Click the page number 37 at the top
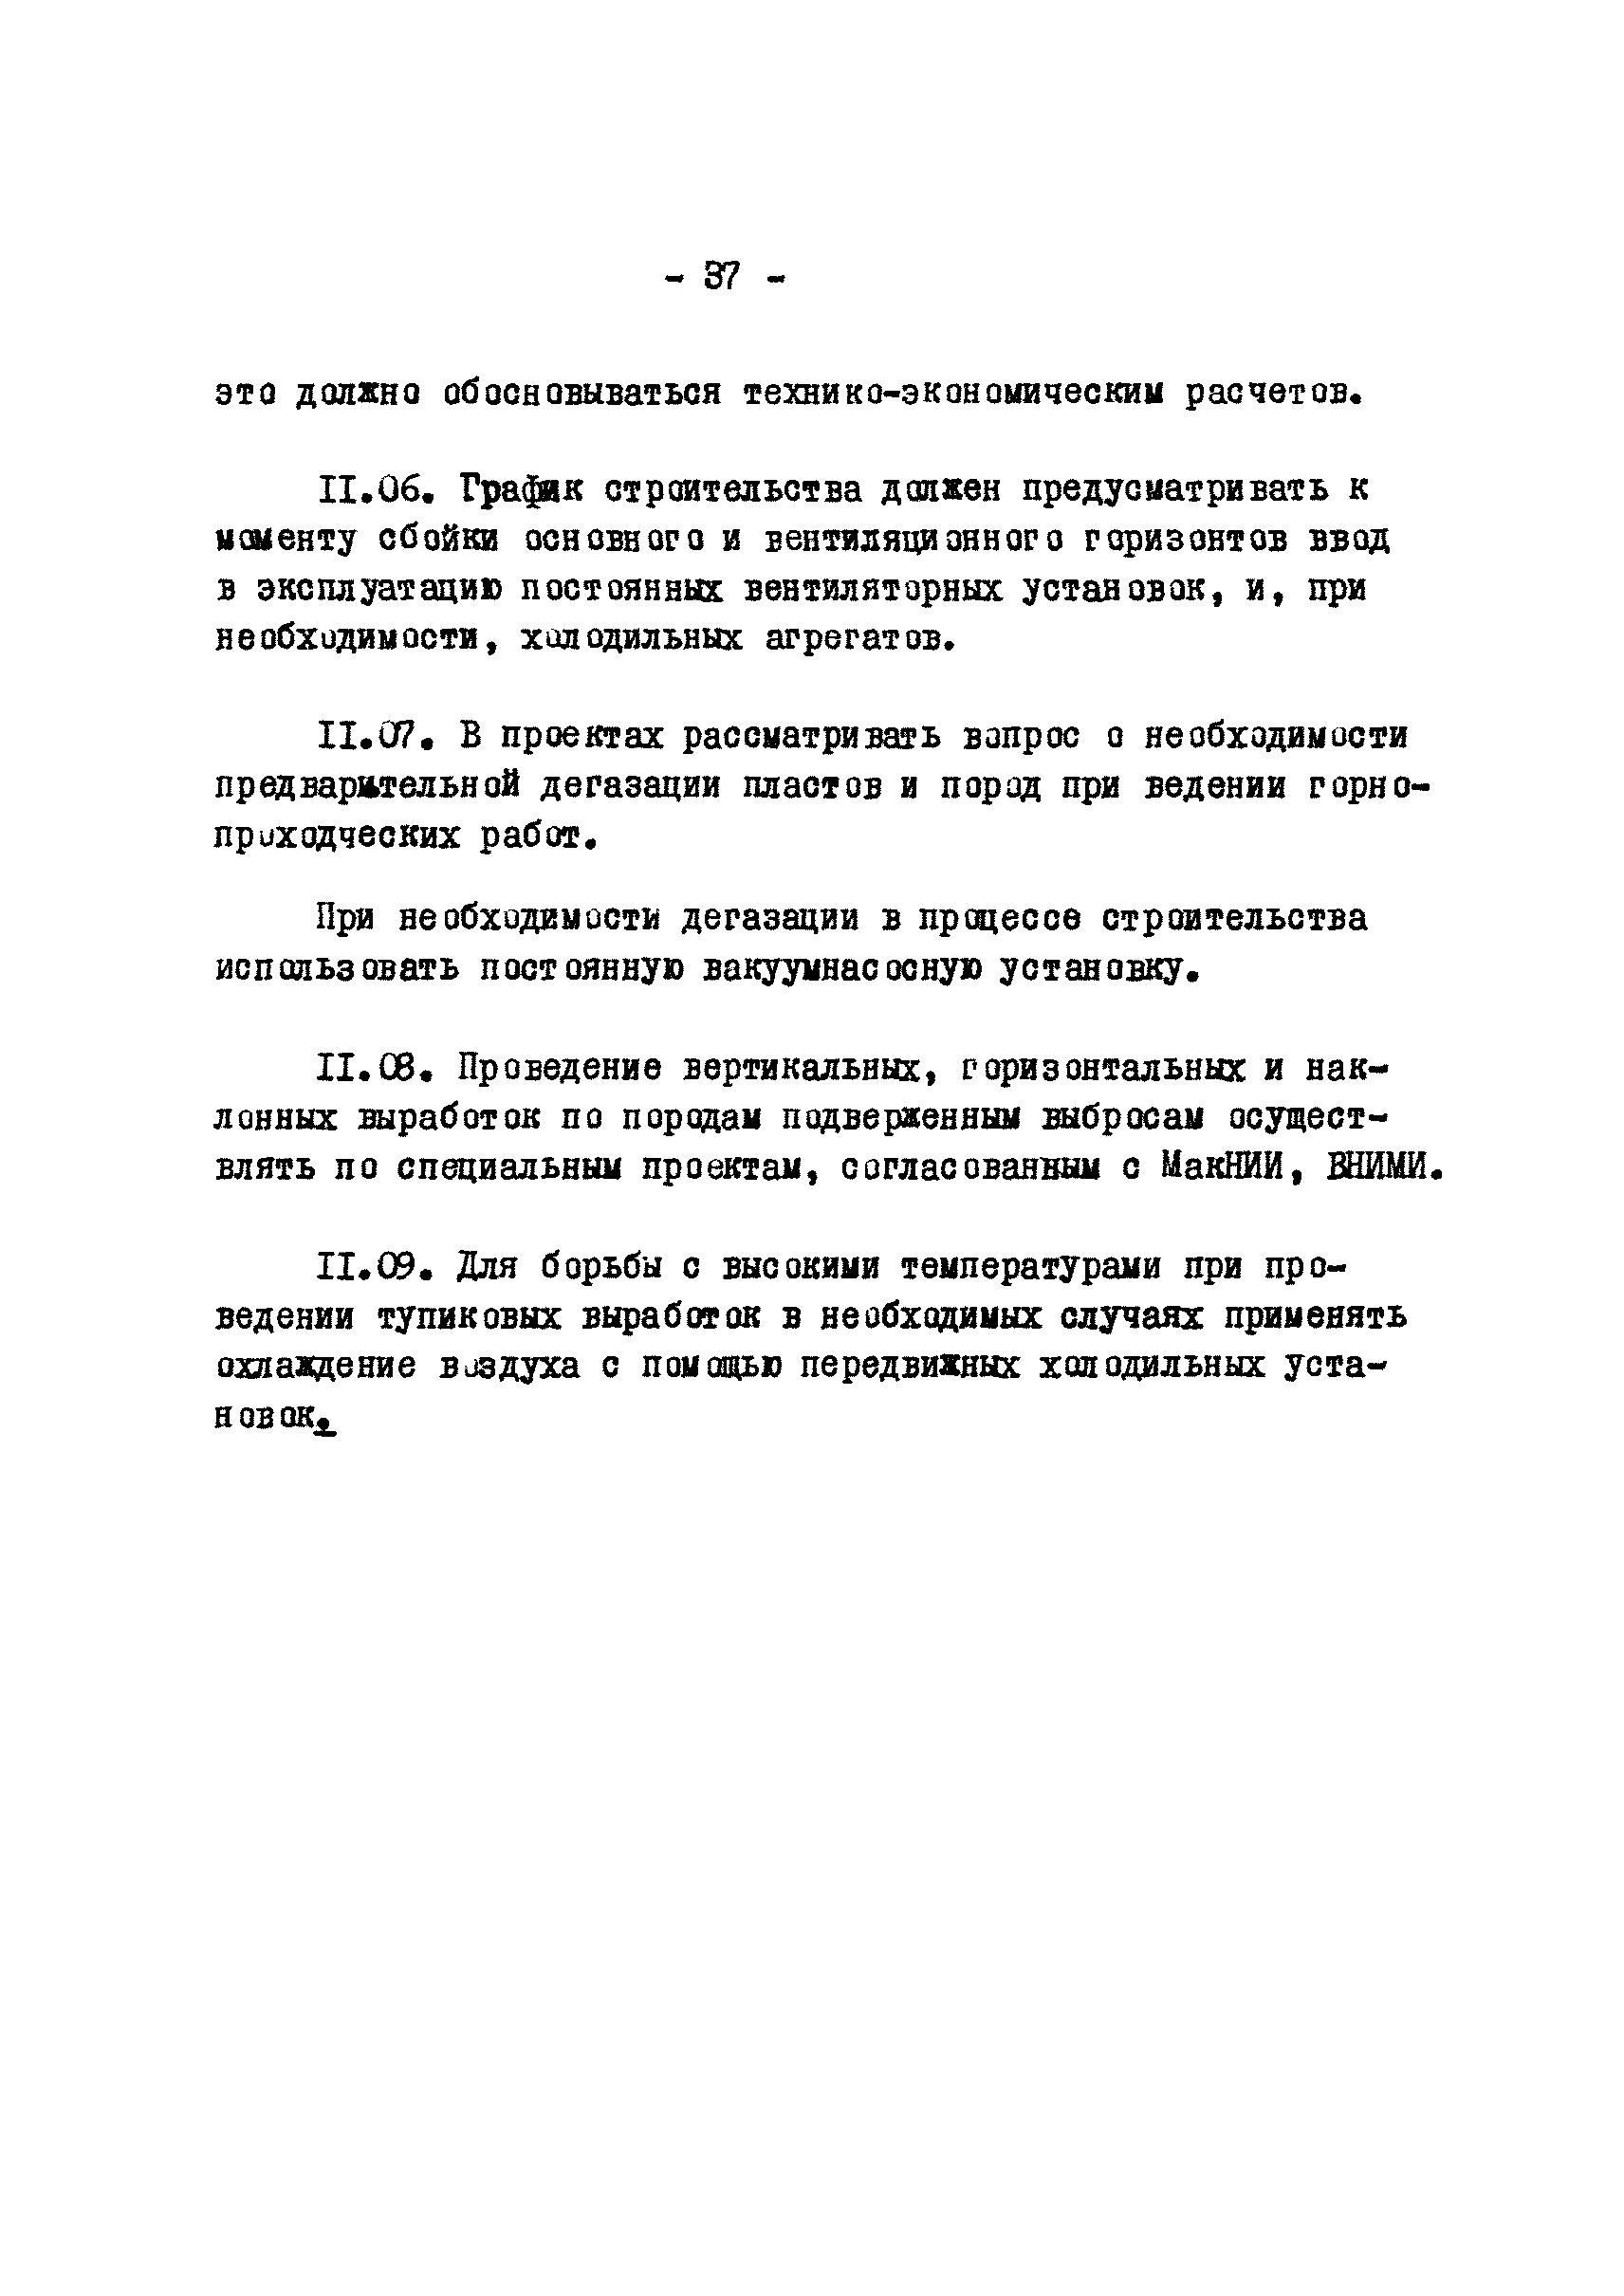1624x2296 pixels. tap(722, 277)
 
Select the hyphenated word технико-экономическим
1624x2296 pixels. tap(952, 394)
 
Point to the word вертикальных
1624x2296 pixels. tap(802, 1069)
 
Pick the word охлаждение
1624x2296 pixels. tap(316, 1367)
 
